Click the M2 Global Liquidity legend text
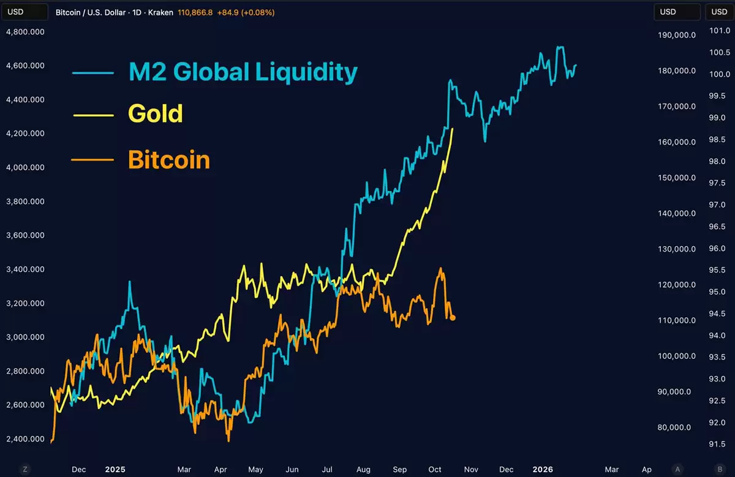point(243,72)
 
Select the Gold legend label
point(155,114)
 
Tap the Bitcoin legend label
point(168,160)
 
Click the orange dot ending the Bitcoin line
point(453,317)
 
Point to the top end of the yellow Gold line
point(453,129)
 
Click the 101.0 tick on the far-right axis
point(717,31)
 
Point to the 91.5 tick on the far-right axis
point(717,445)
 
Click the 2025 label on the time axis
point(115,470)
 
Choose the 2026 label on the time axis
point(542,470)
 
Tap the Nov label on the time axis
point(470,470)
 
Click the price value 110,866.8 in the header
point(195,12)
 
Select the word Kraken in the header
point(161,12)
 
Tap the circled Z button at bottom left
point(25,469)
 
